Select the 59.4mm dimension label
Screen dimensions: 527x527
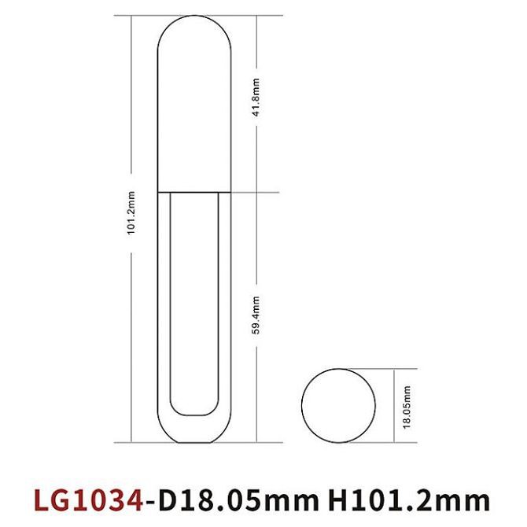pyautogui.click(x=255, y=315)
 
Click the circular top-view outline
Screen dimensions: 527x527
pyautogui.click(x=337, y=405)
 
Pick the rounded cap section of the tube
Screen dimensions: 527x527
pyautogui.click(x=195, y=110)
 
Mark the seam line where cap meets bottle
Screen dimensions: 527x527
pyautogui.click(x=195, y=191)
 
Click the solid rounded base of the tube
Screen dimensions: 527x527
pyautogui.click(x=195, y=429)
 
